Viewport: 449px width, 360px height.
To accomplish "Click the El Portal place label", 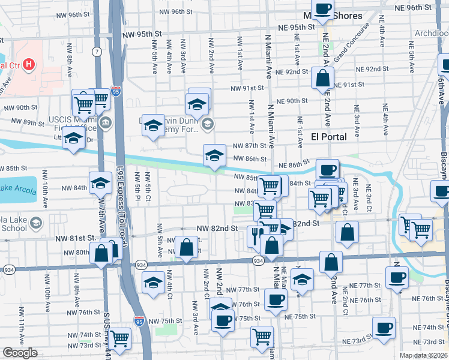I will pos(329,137).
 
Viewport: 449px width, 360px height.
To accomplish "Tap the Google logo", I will pos(20,353).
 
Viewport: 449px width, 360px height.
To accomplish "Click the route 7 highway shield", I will pos(97,52).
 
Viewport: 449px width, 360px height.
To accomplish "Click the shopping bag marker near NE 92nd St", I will pos(322,79).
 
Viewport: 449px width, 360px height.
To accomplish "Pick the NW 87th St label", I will pos(249,146).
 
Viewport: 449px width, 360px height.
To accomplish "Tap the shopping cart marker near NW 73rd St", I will pos(120,339).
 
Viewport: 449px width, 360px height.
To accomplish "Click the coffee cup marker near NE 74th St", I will pos(384,328).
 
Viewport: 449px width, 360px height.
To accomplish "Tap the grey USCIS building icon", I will pos(106,124).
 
